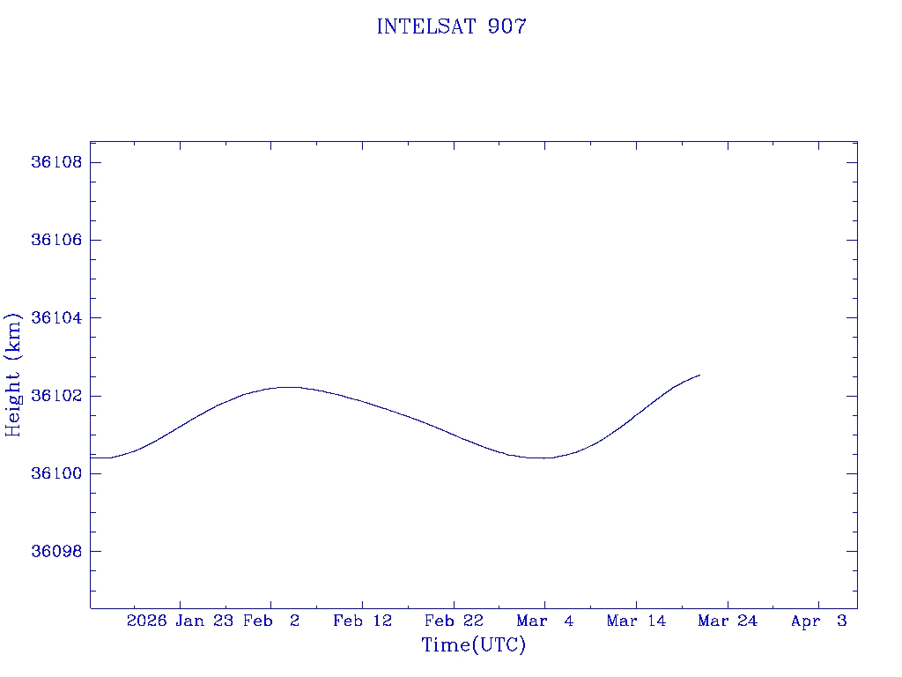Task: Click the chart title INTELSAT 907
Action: click(451, 26)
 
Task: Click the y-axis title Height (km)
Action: click(13, 375)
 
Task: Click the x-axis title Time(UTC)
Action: click(474, 645)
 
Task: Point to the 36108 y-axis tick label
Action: click(56, 162)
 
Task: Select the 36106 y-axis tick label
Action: click(56, 240)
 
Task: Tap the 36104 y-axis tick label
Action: click(56, 317)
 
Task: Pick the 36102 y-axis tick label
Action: click(56, 396)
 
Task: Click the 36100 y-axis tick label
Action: click(56, 473)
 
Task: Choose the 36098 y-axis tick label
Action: click(56, 551)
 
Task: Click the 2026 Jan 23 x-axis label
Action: click(180, 621)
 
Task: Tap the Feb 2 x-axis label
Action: click(272, 621)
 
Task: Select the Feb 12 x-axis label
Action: click(362, 621)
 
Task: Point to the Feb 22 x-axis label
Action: click(454, 621)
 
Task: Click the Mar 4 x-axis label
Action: click(545, 621)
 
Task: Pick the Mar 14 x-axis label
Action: click(636, 621)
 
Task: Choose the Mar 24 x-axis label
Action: click(728, 621)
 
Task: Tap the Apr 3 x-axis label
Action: click(819, 621)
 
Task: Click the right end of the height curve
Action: click(699, 375)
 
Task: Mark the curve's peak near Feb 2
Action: click(288, 387)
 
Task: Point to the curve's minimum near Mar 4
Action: click(546, 458)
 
